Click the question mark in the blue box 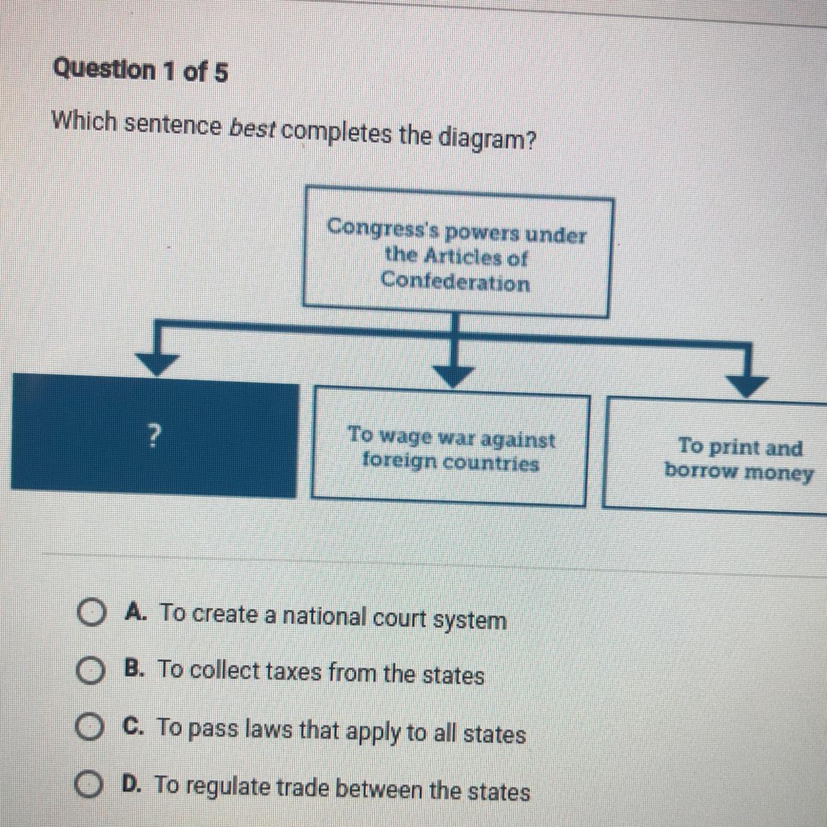156,434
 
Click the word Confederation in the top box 456,282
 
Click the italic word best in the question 252,129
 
